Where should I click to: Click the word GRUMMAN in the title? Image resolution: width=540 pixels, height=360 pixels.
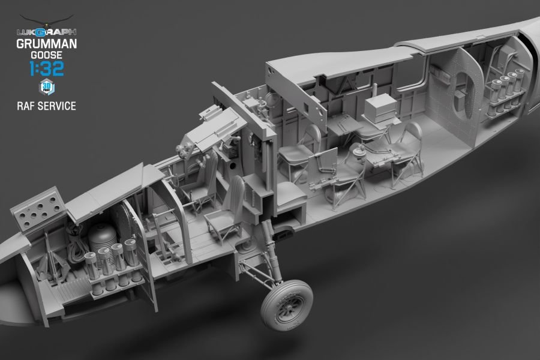pyautogui.click(x=46, y=44)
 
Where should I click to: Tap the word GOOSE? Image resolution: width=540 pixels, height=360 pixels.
pyautogui.click(x=46, y=55)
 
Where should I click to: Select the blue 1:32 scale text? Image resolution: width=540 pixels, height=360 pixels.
pyautogui.click(x=47, y=68)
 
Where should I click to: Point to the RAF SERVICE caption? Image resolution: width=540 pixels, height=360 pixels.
pyautogui.click(x=46, y=106)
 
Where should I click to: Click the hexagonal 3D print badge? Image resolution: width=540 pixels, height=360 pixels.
pyautogui.click(x=47, y=87)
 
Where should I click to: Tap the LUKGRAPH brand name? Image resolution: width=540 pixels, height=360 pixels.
pyautogui.click(x=46, y=32)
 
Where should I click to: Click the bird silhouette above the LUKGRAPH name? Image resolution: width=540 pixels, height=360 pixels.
pyautogui.click(x=46, y=20)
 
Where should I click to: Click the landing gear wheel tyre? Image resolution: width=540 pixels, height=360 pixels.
pyautogui.click(x=287, y=305)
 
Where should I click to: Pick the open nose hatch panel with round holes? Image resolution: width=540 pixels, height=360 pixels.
pyautogui.click(x=38, y=209)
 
